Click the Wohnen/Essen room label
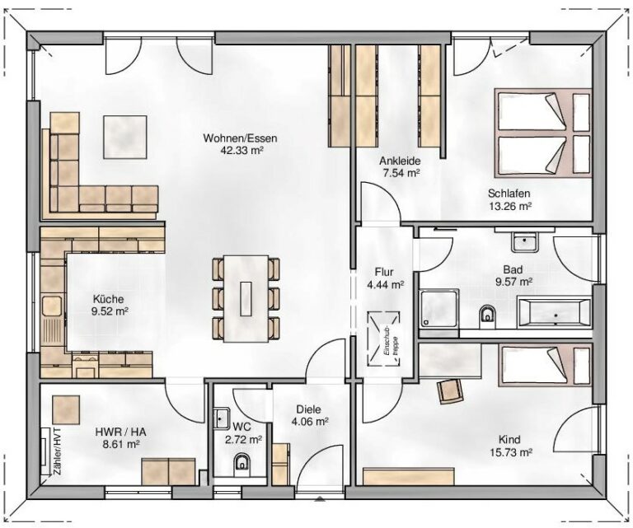[x=240, y=138]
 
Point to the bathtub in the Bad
[x=554, y=313]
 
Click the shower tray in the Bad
[x=438, y=308]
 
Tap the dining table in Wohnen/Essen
[x=246, y=298]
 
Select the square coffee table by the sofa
[x=125, y=137]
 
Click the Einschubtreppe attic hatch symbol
[x=382, y=339]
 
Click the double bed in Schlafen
[x=543, y=133]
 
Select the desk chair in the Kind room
[x=450, y=391]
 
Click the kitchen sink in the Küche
[x=52, y=306]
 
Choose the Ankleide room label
[x=400, y=161]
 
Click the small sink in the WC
[x=221, y=418]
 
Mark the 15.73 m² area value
[x=511, y=452]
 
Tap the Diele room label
[x=309, y=409]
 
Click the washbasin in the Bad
[x=524, y=242]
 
